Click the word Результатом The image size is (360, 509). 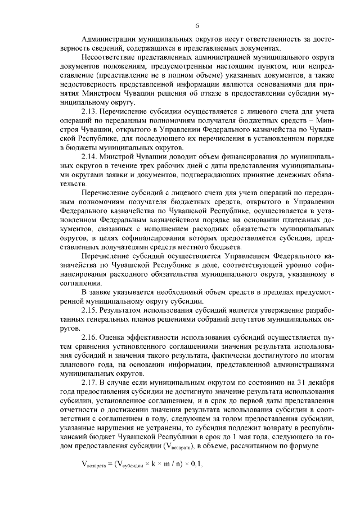tap(125, 310)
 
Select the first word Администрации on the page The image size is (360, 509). tap(109, 39)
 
